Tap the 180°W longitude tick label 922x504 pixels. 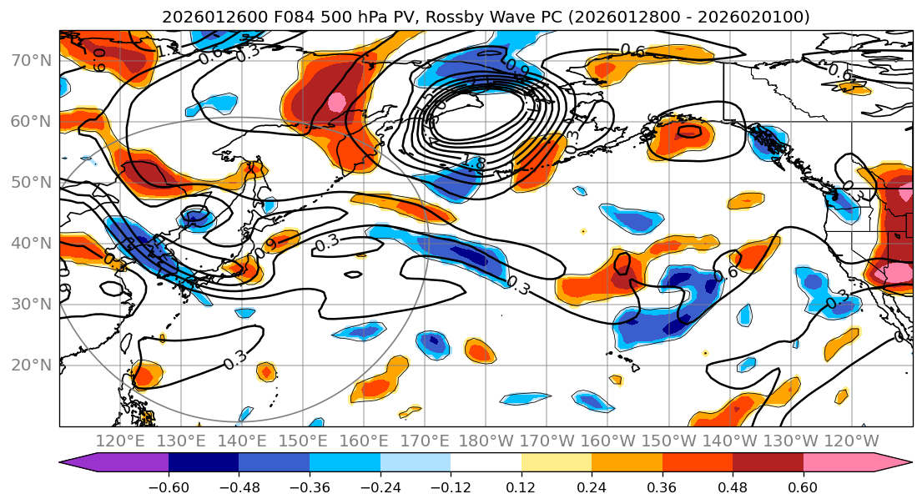[486, 441]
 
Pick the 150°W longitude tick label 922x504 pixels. [668, 441]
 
